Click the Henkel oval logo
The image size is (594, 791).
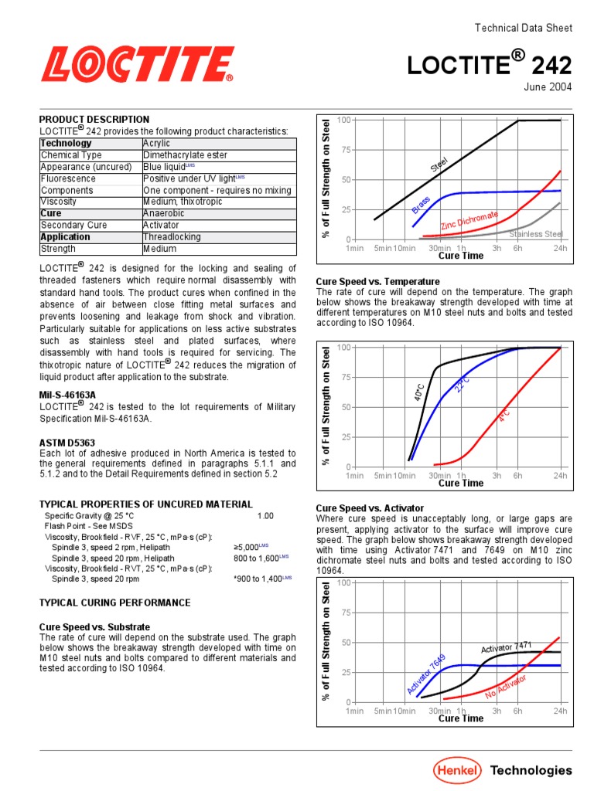coord(456,769)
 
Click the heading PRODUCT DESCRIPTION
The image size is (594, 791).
coord(94,120)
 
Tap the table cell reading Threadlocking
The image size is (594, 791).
coord(172,237)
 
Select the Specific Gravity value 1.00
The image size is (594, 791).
coord(265,515)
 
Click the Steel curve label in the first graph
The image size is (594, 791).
coord(439,165)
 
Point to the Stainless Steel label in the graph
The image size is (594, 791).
coord(536,234)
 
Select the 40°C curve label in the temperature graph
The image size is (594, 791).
coord(419,392)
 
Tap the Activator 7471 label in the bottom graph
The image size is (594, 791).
coord(506,647)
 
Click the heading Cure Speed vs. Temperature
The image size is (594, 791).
coord(377,281)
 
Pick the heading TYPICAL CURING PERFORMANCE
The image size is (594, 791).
coord(114,603)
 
